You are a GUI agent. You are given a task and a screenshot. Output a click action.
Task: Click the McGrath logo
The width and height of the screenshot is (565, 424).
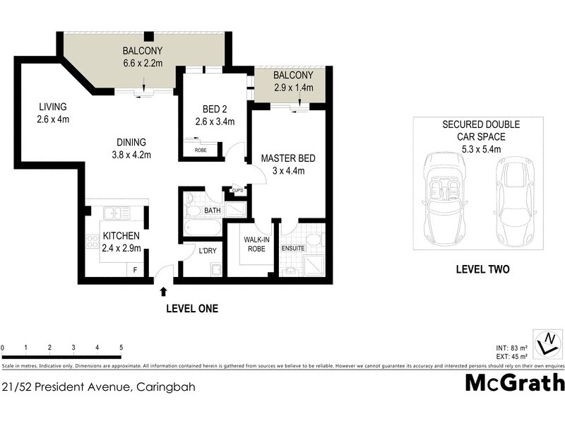coord(515,382)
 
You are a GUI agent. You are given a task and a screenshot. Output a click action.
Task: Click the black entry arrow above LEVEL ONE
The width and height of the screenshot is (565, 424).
coord(164,290)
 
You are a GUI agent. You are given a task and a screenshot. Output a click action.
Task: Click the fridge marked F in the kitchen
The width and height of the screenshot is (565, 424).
coord(136,270)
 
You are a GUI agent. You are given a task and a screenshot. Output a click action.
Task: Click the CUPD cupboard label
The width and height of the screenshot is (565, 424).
coord(238,191)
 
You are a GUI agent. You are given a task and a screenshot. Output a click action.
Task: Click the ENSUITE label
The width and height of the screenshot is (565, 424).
coord(292,248)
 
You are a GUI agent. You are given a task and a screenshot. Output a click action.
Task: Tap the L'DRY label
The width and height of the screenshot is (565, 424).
coord(206,251)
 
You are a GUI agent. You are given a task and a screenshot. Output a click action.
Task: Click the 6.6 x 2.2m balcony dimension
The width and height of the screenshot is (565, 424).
coord(143,63)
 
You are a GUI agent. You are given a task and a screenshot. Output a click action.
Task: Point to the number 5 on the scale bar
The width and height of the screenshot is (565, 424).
coord(121,348)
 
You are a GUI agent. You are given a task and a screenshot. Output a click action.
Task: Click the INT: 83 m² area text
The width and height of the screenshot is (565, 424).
coord(512,348)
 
